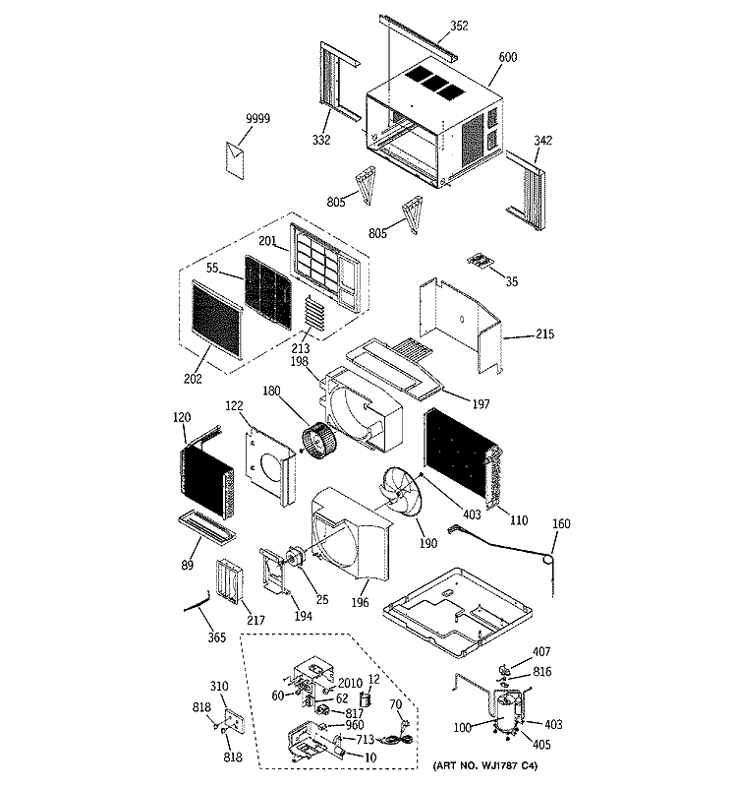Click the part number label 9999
(x=257, y=118)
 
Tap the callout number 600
(x=507, y=57)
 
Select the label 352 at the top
(x=459, y=26)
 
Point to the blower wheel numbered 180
(x=319, y=441)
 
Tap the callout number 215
(x=545, y=333)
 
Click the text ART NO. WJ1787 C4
(x=484, y=766)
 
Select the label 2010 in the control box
(x=350, y=683)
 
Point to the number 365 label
(x=216, y=637)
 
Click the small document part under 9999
(x=235, y=160)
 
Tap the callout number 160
(x=561, y=524)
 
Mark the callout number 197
(x=481, y=404)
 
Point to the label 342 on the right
(x=543, y=141)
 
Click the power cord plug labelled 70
(x=401, y=735)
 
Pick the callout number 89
(x=187, y=565)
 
